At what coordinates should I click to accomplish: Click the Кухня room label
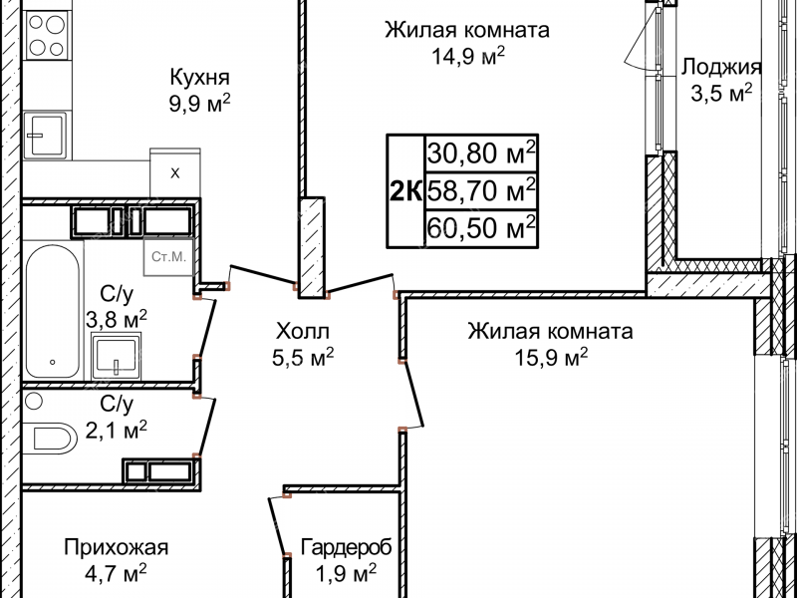coord(199,77)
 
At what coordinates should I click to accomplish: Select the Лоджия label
coord(721,68)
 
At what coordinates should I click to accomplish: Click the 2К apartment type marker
coord(405,188)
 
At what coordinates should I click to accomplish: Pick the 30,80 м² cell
coord(482,152)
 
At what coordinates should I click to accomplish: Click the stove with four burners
coord(43,37)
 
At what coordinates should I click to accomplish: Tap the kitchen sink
coord(44,135)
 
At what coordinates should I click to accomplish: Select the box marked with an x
coord(175,173)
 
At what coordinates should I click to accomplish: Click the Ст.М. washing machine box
coord(166,257)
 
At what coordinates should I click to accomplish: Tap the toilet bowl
coord(51,437)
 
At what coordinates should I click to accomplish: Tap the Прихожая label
coord(116,547)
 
